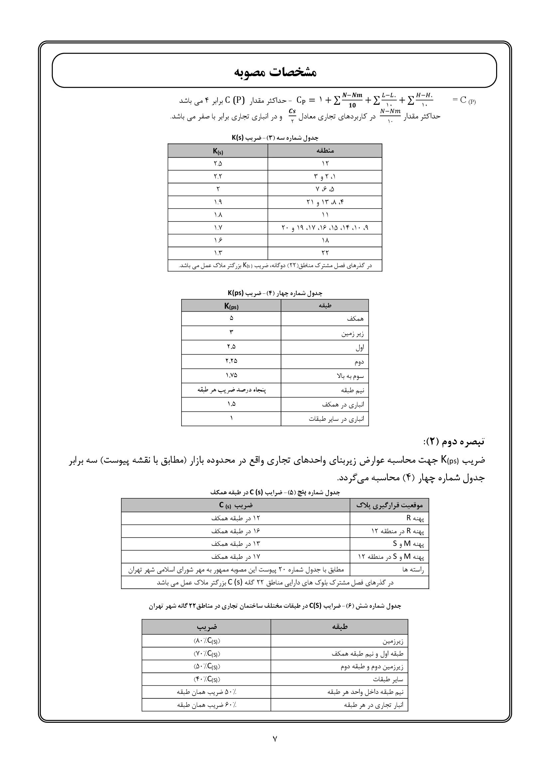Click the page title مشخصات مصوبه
click(x=275, y=72)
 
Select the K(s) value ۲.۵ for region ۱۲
click(x=218, y=164)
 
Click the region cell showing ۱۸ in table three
click(x=325, y=240)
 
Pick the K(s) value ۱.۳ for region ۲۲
click(x=218, y=253)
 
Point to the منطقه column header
click(x=325, y=151)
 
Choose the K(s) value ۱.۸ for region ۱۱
click(x=218, y=215)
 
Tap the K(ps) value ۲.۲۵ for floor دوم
click(x=231, y=361)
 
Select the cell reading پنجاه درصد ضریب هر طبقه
click(x=231, y=390)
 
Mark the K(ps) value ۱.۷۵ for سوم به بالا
click(x=231, y=376)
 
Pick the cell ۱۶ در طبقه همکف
click(x=235, y=531)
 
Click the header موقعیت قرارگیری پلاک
click(x=389, y=505)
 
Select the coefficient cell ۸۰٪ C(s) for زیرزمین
click(x=206, y=641)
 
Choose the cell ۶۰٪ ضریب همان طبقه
click(x=206, y=705)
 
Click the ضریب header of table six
click(x=206, y=627)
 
